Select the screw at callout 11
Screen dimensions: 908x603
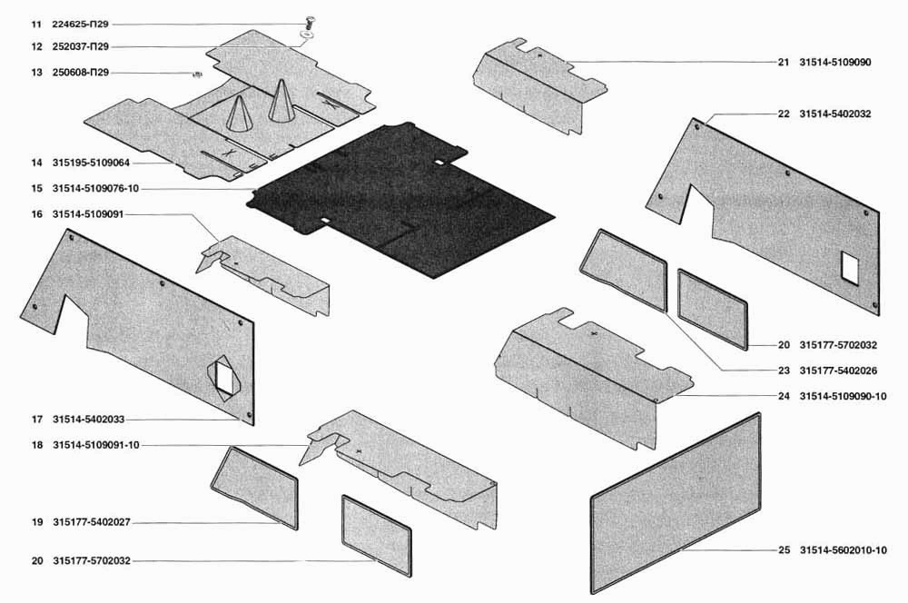coord(308,24)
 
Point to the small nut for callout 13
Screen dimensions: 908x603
coord(197,74)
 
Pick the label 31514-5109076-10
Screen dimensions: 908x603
coord(95,189)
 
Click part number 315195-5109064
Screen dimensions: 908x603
coord(91,163)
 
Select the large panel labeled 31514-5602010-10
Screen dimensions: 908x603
coord(676,503)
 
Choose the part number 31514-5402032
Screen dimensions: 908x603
coord(835,114)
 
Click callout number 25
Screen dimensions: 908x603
coord(784,550)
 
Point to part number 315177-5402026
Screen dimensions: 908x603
coord(838,371)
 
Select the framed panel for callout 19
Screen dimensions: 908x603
coord(254,487)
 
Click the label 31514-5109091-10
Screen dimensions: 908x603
coord(96,446)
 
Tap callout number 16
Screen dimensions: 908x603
coord(37,214)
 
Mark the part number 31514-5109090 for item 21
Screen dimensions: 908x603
coord(835,63)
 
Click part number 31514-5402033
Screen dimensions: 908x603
coord(88,420)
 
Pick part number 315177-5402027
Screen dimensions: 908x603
coord(92,522)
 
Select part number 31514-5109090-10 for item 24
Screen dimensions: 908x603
coord(844,397)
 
